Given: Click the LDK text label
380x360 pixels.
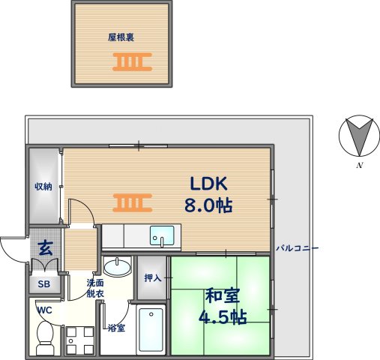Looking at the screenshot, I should click(208, 184).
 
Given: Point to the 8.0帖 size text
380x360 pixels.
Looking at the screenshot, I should click(208, 205).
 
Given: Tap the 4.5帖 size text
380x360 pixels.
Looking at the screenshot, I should click(223, 316).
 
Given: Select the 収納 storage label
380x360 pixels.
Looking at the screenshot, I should click(43, 187).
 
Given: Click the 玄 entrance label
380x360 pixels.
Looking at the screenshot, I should click(45, 247).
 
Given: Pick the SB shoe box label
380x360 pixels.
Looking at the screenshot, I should click(43, 285).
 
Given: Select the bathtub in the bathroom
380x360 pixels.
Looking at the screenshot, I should click(151, 330).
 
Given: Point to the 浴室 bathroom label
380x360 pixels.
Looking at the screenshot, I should click(115, 328).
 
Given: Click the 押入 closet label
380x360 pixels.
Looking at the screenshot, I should click(153, 278).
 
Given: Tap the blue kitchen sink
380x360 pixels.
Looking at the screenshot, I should click(161, 235).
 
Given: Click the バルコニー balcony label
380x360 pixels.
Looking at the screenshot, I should click(298, 247).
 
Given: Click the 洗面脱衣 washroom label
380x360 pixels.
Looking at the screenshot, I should click(95, 289).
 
